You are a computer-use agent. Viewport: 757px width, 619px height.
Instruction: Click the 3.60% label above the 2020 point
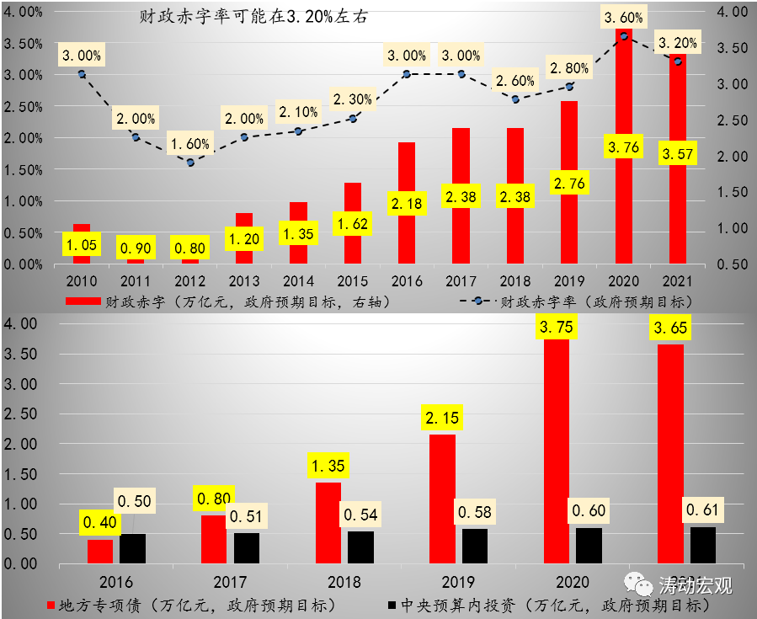624,17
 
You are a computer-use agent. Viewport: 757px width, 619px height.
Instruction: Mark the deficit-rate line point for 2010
82,74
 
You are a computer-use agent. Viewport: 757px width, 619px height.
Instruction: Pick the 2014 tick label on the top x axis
299,280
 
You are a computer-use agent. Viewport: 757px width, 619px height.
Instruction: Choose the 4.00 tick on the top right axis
729,12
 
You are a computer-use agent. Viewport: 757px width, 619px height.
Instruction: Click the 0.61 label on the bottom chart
704,510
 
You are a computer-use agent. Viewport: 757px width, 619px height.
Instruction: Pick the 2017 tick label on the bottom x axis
230,581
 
